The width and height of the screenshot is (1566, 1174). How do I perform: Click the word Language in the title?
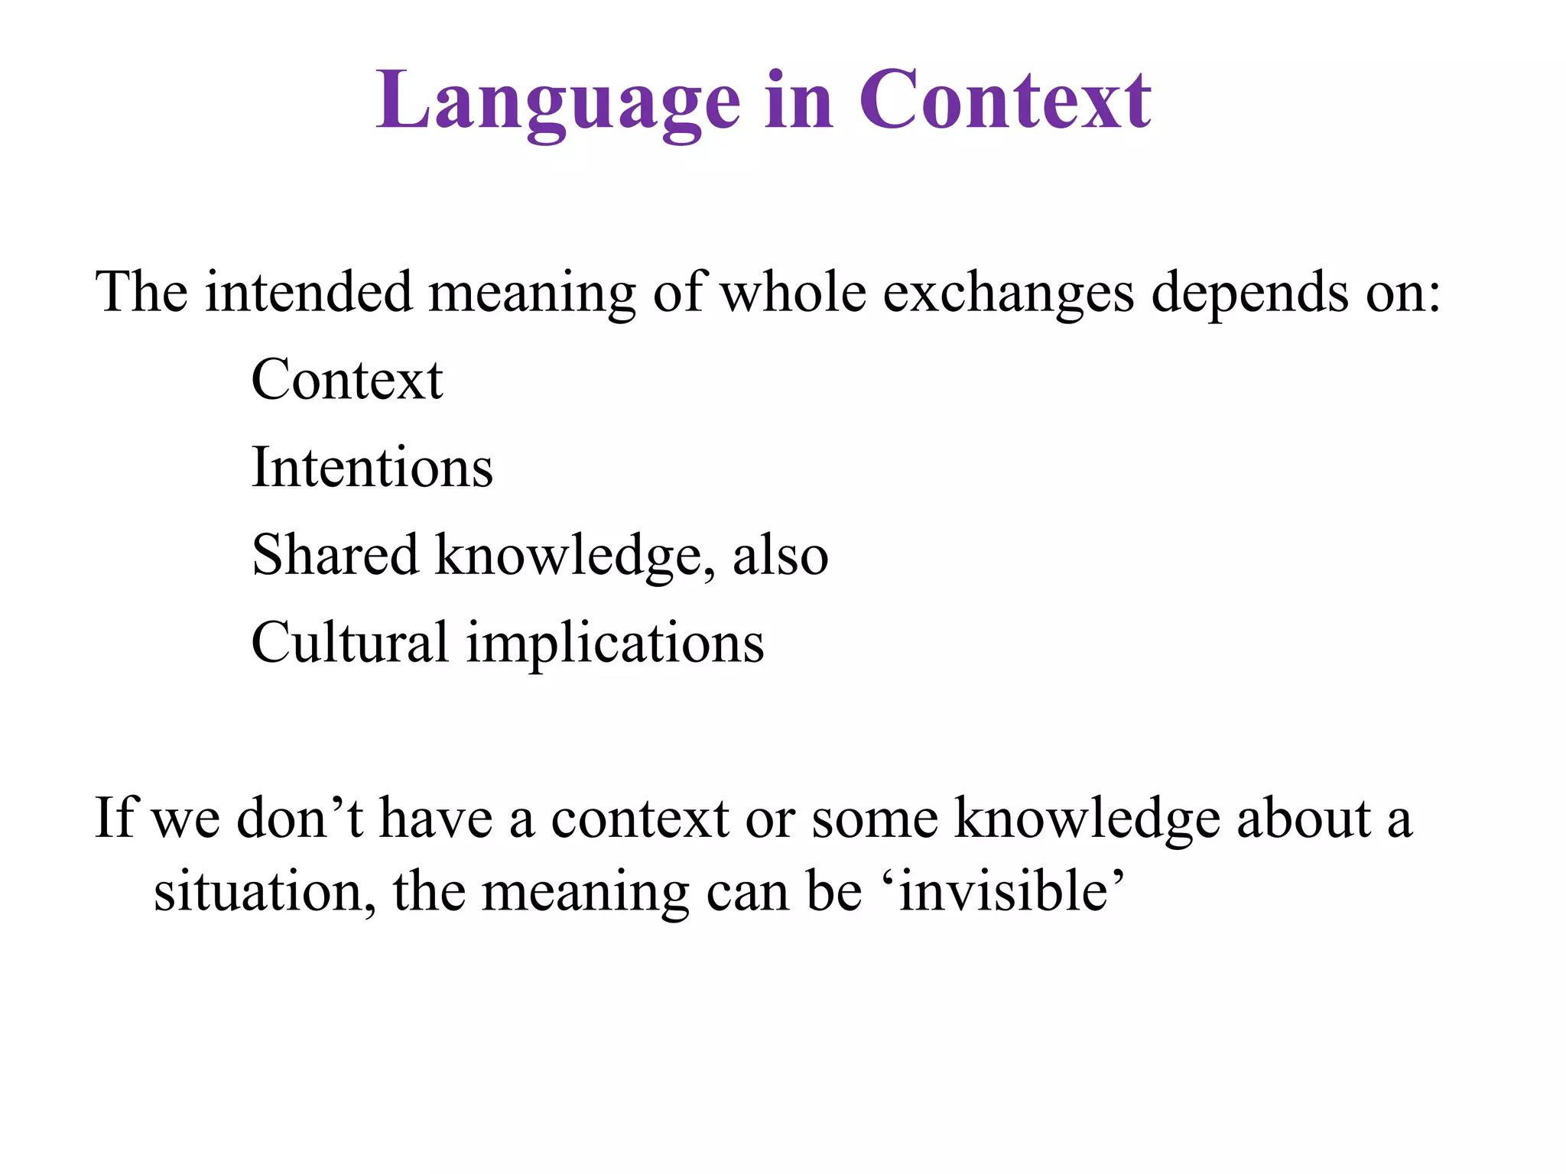pyautogui.click(x=557, y=102)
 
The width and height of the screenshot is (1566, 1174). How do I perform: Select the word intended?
pyautogui.click(x=308, y=292)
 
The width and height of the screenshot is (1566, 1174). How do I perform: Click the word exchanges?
pyautogui.click(x=1009, y=293)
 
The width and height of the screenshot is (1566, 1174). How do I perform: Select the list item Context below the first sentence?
pyautogui.click(x=346, y=380)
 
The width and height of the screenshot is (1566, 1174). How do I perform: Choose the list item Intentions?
pyautogui.click(x=372, y=467)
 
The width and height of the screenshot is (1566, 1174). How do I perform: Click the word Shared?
pyautogui.click(x=335, y=555)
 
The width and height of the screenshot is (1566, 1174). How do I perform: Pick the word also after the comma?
pyautogui.click(x=780, y=556)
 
